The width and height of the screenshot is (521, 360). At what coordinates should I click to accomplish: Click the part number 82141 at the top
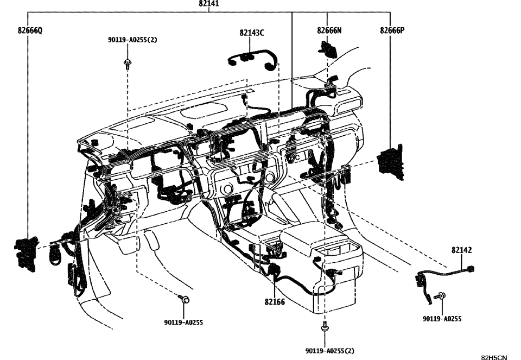[209, 4]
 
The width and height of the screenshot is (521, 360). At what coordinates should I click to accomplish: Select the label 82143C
[251, 33]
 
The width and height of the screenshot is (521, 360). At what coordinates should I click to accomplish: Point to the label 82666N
[329, 31]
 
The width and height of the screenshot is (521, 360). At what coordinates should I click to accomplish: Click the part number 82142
[461, 250]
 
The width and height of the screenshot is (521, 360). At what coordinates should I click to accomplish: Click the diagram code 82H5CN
[494, 357]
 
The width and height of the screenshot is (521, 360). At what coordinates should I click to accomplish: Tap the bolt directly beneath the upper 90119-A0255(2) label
[126, 65]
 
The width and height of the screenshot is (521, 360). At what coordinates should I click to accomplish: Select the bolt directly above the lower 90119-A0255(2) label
[324, 327]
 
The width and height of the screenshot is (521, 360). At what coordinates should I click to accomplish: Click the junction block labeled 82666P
[391, 161]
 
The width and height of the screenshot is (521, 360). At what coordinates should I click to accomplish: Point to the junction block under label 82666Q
[25, 252]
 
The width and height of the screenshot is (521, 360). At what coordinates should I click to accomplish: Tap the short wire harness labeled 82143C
[253, 58]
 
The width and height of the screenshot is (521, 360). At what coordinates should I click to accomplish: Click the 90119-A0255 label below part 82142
[442, 319]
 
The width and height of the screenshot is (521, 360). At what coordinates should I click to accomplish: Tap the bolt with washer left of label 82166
[184, 299]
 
